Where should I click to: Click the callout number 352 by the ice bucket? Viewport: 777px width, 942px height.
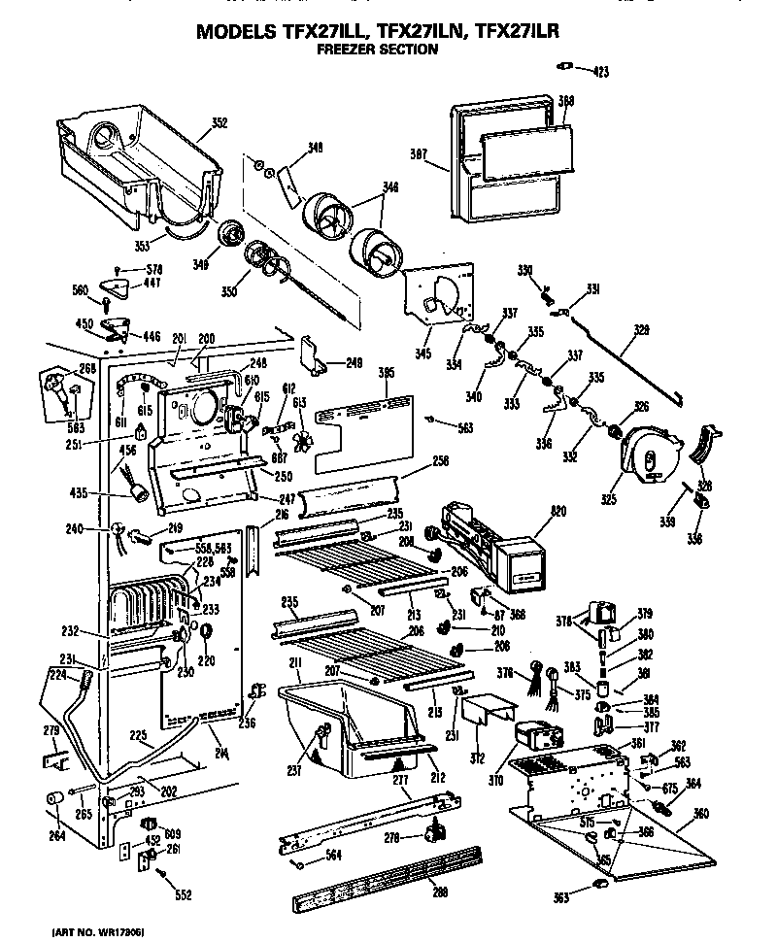(x=220, y=123)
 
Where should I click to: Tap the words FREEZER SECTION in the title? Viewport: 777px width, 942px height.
(x=379, y=49)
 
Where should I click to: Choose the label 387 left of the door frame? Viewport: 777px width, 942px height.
(x=419, y=153)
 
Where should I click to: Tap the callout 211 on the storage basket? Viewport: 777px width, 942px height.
(x=294, y=663)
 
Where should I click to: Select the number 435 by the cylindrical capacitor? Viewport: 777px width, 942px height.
(x=108, y=493)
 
